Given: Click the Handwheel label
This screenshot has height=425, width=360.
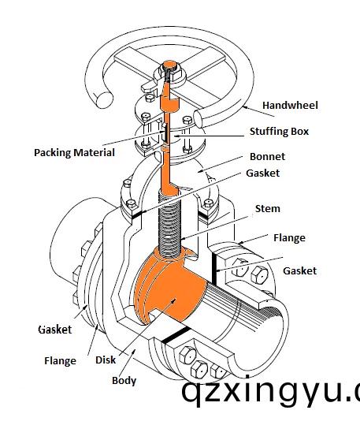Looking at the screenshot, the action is [290, 105].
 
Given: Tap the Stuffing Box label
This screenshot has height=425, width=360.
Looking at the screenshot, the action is [280, 132].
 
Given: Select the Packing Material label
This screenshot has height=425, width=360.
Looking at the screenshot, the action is [74, 153].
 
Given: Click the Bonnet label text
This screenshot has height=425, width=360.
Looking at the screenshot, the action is [267, 156].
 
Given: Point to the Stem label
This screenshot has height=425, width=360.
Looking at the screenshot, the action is [268, 209].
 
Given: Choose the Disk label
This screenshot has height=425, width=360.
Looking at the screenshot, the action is [106, 360].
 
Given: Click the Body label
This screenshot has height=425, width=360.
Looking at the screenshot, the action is [124, 381].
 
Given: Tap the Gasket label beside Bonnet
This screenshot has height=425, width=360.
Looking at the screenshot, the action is [263, 173].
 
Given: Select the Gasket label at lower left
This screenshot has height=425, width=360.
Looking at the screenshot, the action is [55, 330].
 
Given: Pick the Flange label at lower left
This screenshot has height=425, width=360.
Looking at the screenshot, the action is [60, 361].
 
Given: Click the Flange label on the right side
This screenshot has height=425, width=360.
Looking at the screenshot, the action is [289, 237].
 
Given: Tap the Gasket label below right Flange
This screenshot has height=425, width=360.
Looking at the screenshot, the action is [300, 270].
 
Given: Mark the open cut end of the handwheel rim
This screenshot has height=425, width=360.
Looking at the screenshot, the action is [104, 99].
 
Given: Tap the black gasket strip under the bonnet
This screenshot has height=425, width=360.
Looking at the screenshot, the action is [137, 214].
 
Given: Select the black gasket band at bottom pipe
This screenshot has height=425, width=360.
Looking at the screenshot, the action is [175, 335].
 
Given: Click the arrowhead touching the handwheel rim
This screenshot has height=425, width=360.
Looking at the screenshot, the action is [245, 107].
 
